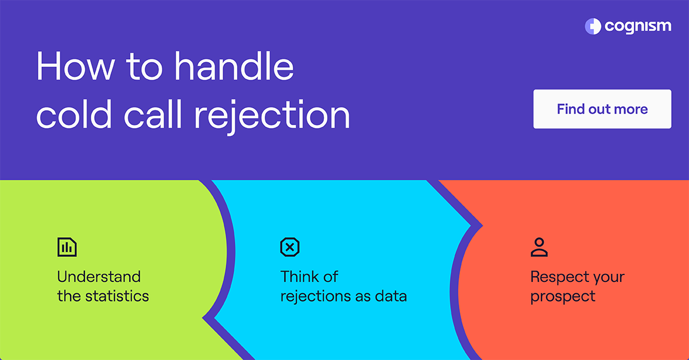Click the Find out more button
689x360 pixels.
click(602, 109)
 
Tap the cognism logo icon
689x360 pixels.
click(593, 26)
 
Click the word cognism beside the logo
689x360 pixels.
click(637, 27)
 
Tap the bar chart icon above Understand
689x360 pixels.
click(67, 247)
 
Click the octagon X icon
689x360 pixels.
click(289, 247)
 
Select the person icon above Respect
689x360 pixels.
click(539, 247)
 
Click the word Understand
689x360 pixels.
click(99, 277)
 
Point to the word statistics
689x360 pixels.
click(117, 296)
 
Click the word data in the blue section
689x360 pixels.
click(390, 296)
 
